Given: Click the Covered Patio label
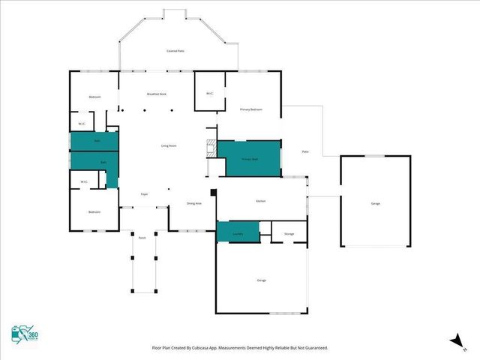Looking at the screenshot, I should click(x=175, y=50).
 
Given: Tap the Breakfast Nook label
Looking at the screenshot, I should click(x=157, y=94).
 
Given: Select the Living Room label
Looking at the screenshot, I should click(x=169, y=145).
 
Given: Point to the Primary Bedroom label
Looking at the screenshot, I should click(x=250, y=109).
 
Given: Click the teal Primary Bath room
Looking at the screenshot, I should click(x=249, y=158).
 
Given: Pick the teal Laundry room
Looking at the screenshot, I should click(x=238, y=232).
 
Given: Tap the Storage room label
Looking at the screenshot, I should click(x=289, y=234).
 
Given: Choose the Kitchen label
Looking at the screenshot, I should click(x=261, y=201).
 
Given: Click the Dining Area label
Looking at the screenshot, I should click(x=193, y=203).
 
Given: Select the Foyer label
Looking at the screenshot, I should click(x=144, y=194).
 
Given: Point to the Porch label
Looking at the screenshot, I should click(x=142, y=238).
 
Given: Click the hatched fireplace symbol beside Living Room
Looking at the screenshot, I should click(x=211, y=146).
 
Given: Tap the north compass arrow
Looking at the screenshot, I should click(x=454, y=340).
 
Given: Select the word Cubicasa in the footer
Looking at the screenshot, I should click(x=196, y=349).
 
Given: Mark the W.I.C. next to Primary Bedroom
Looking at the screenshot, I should click(x=210, y=93).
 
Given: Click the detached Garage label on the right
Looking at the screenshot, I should click(x=374, y=203).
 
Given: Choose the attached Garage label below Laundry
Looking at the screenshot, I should click(x=262, y=280).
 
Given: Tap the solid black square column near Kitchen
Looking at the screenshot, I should click(x=214, y=192).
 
